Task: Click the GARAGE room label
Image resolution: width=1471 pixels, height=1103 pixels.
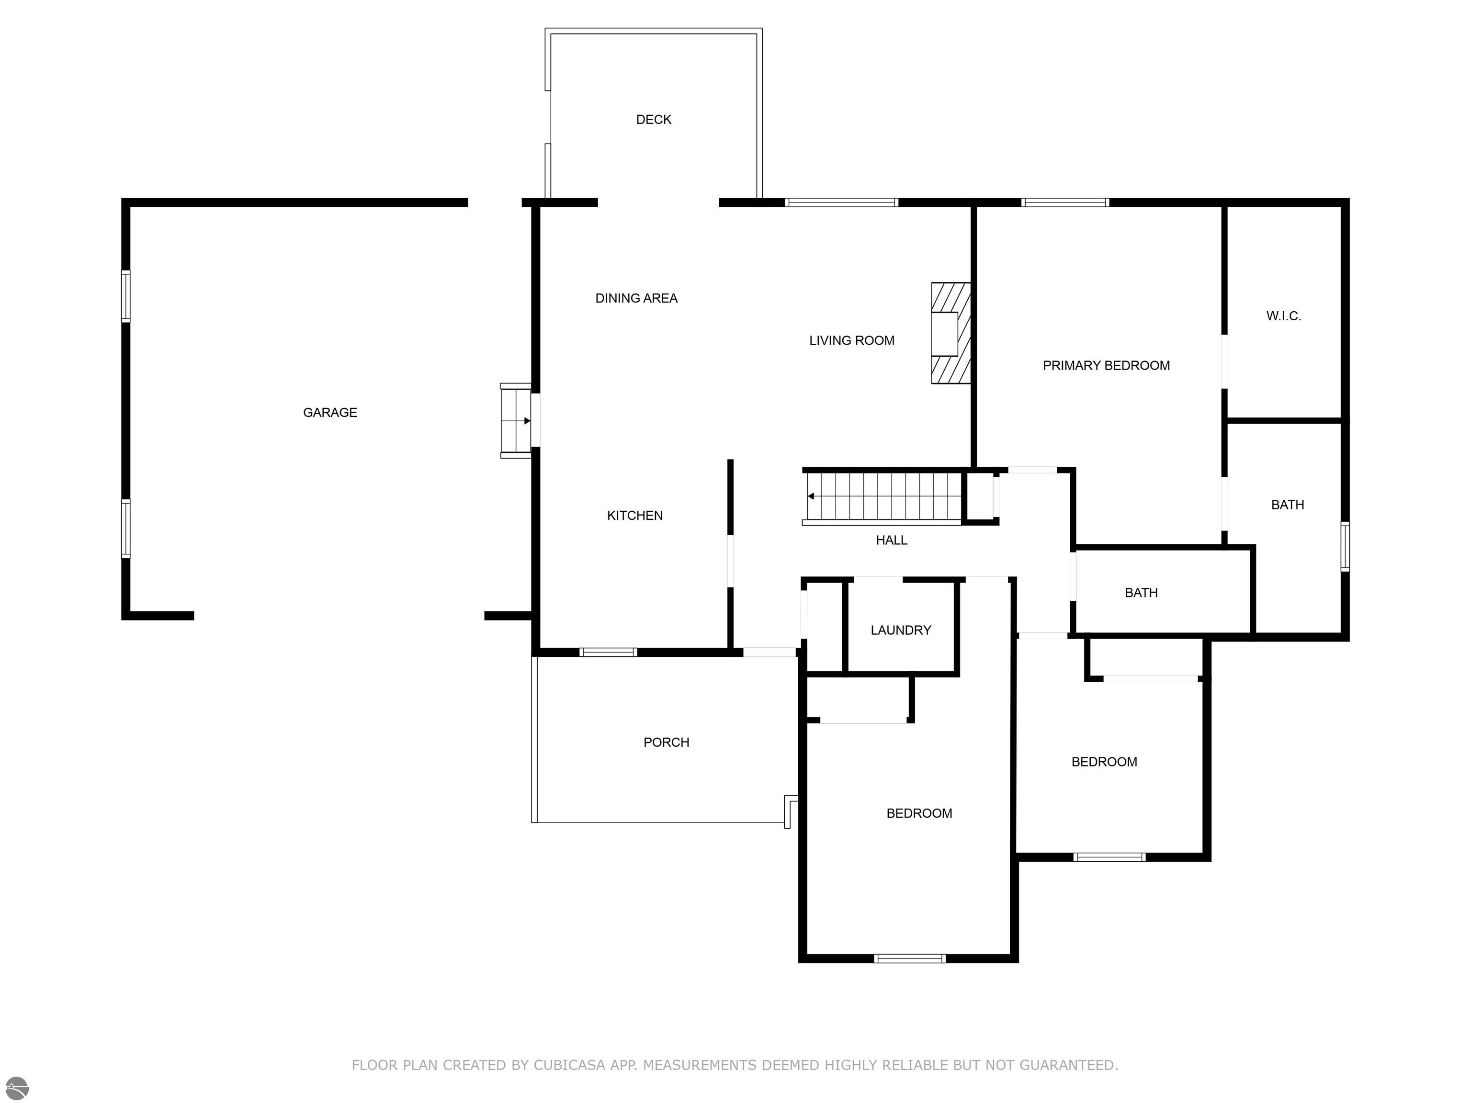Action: click(330, 413)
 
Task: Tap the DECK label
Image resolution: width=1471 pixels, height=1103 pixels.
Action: click(654, 120)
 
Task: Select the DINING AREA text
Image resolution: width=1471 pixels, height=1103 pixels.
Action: click(636, 299)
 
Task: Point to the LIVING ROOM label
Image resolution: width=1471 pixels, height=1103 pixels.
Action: click(851, 340)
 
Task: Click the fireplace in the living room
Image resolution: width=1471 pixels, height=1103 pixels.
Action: click(950, 333)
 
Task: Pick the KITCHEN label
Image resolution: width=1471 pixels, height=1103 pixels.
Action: click(634, 515)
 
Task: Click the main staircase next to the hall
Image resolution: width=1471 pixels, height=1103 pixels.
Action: click(883, 496)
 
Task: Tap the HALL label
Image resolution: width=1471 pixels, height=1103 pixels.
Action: click(891, 540)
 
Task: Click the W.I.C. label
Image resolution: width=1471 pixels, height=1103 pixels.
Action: click(1283, 316)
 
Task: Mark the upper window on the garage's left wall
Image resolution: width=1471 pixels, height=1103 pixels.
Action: click(125, 296)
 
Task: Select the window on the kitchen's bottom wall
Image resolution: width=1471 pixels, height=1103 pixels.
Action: click(608, 652)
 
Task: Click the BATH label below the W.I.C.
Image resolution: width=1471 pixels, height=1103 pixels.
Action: click(1288, 505)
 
